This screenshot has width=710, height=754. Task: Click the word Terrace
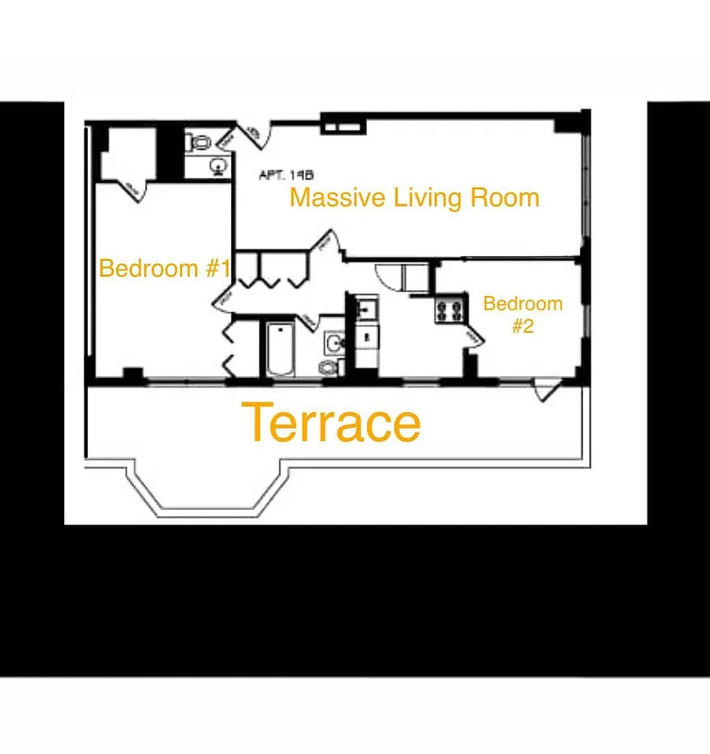[x=333, y=423]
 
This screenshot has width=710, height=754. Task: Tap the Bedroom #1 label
[x=164, y=268]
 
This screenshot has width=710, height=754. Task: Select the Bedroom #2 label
[x=522, y=314]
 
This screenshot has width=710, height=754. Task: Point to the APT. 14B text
[x=286, y=175]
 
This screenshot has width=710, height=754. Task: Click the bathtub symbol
[x=280, y=349]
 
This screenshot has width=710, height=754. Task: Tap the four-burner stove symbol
[x=449, y=310]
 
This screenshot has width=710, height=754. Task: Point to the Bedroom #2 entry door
[x=474, y=336]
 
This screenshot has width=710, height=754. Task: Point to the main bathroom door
[x=308, y=320]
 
